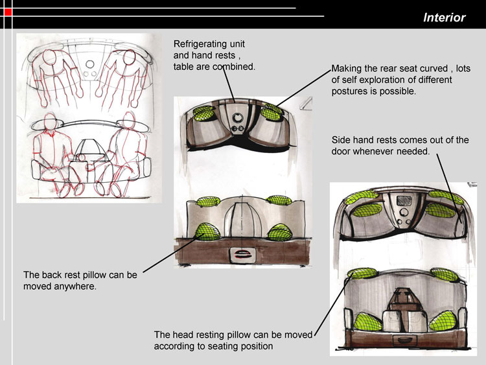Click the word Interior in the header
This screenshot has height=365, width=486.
pyautogui.click(x=444, y=18)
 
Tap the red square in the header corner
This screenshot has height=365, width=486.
pyautogui.click(x=8, y=12)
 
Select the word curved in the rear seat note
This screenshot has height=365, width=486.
pyautogui.click(x=434, y=68)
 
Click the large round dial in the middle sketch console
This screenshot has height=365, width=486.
pyautogui.click(x=238, y=118)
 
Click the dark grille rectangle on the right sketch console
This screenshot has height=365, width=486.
pyautogui.click(x=404, y=200)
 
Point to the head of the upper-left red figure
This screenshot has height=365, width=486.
pyautogui.click(x=50, y=57)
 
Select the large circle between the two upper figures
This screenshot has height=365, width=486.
pyautogui.click(x=90, y=64)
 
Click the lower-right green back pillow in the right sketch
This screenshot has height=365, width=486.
pyautogui.click(x=443, y=321)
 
